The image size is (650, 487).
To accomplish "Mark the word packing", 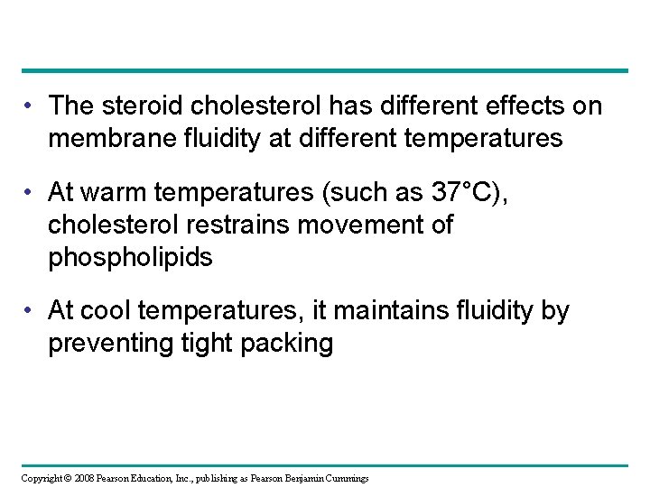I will click(291, 344).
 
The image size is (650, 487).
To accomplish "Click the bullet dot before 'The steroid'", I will click(30, 107).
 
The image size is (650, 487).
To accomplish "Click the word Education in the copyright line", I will click(156, 478).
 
